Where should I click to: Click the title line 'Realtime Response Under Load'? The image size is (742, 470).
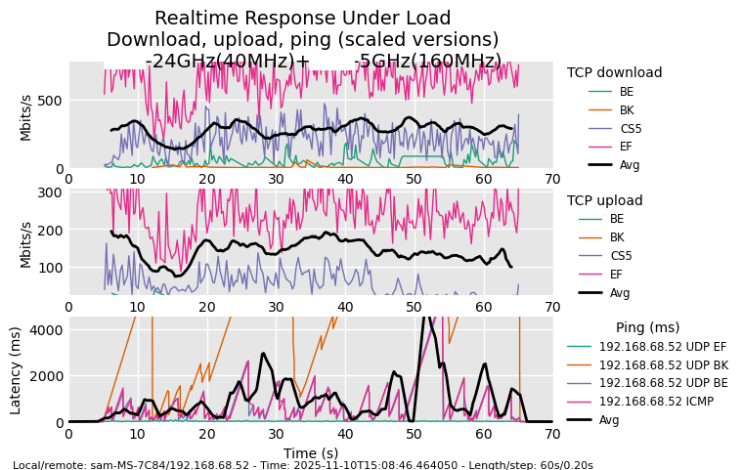click(302, 19)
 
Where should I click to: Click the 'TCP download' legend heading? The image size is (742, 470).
click(614, 72)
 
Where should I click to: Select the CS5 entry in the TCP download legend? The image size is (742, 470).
click(631, 128)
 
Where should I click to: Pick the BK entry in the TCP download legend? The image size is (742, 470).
click(627, 109)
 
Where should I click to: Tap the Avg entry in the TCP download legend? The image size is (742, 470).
click(630, 165)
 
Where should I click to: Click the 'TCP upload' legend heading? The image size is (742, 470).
click(604, 200)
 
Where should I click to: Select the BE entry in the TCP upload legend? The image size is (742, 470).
click(616, 219)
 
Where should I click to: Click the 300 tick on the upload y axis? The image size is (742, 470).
click(50, 192)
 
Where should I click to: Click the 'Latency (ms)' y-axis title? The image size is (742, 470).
click(16, 370)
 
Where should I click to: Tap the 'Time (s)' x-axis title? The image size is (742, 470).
click(310, 453)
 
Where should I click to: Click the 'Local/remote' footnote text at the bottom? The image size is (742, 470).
click(303, 465)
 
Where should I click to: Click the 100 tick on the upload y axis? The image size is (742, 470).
click(50, 268)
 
